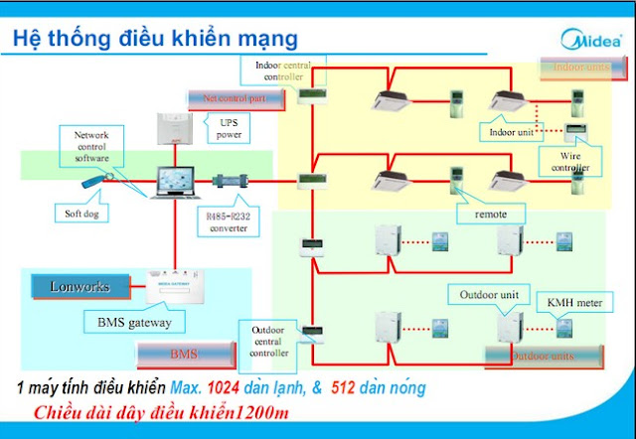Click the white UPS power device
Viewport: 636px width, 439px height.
[x=179, y=127]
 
